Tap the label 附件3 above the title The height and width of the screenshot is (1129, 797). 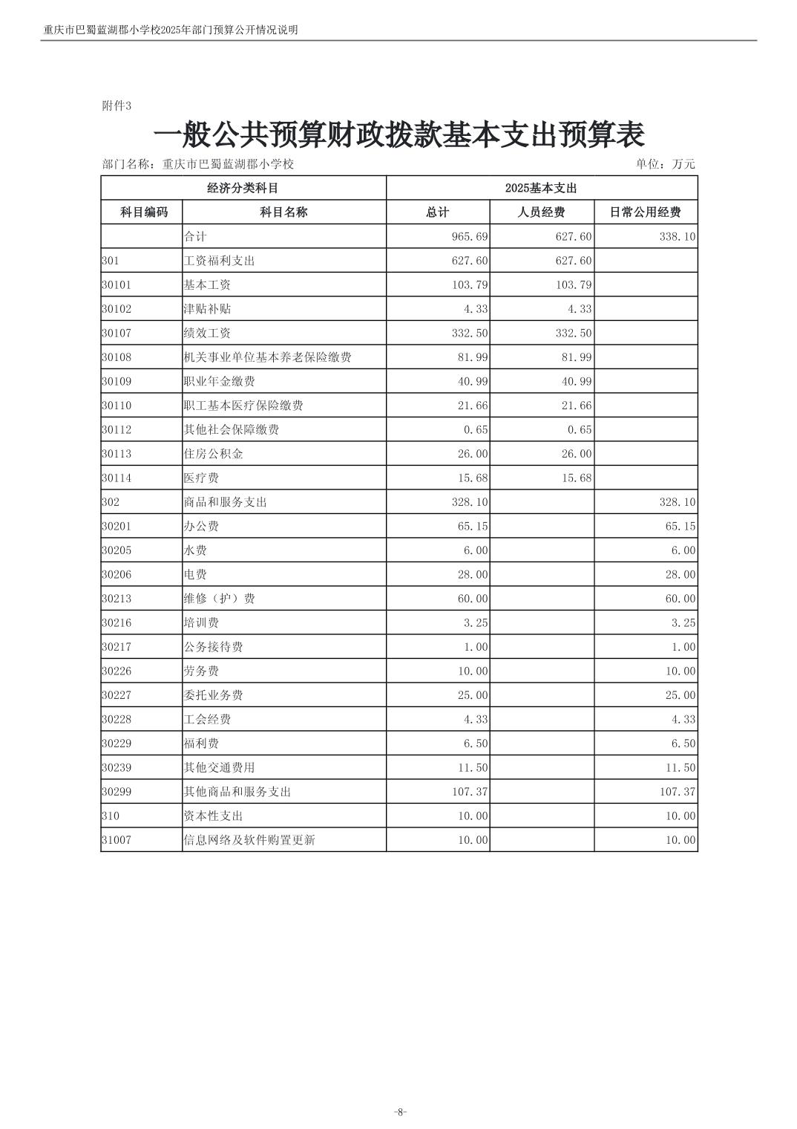[117, 106]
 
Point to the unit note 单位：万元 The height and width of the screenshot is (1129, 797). [665, 164]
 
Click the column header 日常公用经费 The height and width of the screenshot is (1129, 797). [645, 212]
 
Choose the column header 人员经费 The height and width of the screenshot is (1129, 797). [541, 212]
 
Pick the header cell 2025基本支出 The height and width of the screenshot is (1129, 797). [541, 189]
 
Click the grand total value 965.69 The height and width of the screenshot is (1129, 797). [470, 237]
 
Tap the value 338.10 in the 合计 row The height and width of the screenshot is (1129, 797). [678, 237]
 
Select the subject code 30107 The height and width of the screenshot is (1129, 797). [117, 334]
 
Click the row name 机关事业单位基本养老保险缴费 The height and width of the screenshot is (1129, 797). [267, 357]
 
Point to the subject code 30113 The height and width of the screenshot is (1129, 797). [117, 454]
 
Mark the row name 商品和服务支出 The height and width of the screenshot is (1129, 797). [225, 502]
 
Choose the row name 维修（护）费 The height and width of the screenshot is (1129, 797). [219, 599]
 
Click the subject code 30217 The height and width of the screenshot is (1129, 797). [117, 647]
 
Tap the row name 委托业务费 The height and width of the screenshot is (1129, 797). [213, 695]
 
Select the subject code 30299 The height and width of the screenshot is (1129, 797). [117, 792]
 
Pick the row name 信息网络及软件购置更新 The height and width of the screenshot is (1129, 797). [249, 840]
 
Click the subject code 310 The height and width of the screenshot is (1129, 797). [111, 816]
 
